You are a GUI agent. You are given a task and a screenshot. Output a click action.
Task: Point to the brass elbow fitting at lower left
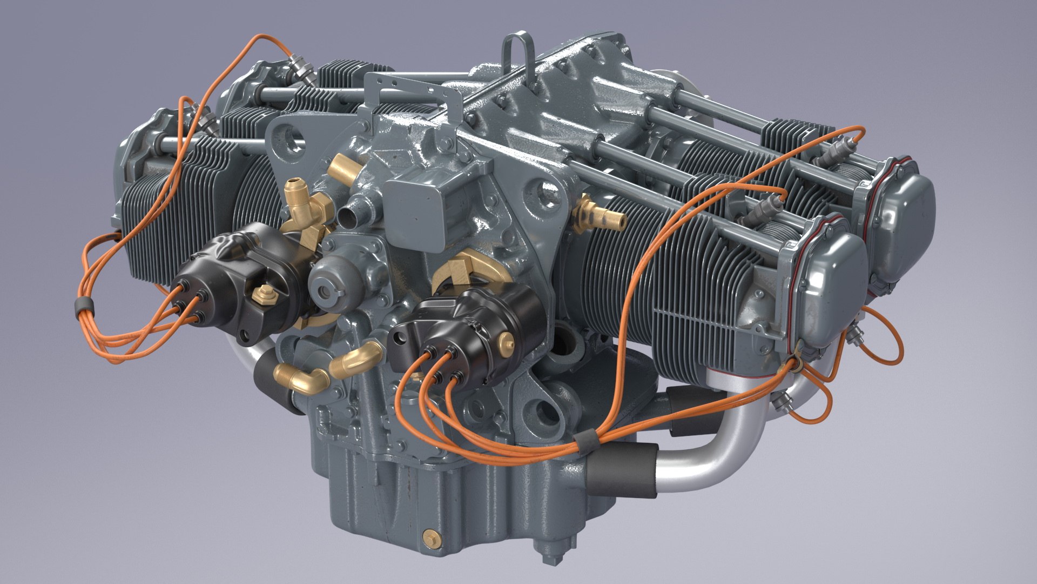(306, 379)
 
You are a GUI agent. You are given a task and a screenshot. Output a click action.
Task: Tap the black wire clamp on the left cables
(82, 306)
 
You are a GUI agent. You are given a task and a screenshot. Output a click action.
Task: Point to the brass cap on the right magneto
(506, 340)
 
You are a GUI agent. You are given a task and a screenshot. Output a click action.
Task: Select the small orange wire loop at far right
(880, 341)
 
